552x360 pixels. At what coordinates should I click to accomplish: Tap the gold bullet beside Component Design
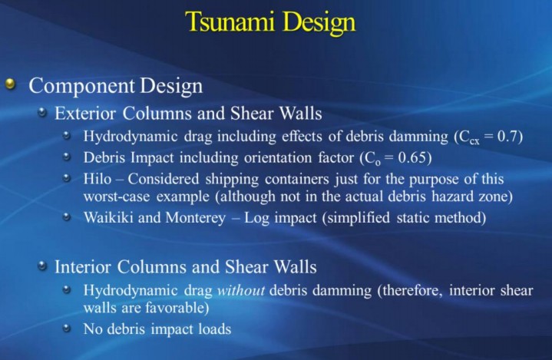12,84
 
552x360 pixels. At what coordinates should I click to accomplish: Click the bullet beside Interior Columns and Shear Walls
42,266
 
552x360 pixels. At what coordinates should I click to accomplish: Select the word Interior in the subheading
83,267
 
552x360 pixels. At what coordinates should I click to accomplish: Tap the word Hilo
98,179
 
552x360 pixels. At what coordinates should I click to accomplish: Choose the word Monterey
195,218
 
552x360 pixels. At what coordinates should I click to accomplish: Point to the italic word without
241,291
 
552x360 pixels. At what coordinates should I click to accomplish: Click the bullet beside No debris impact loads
67,329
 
